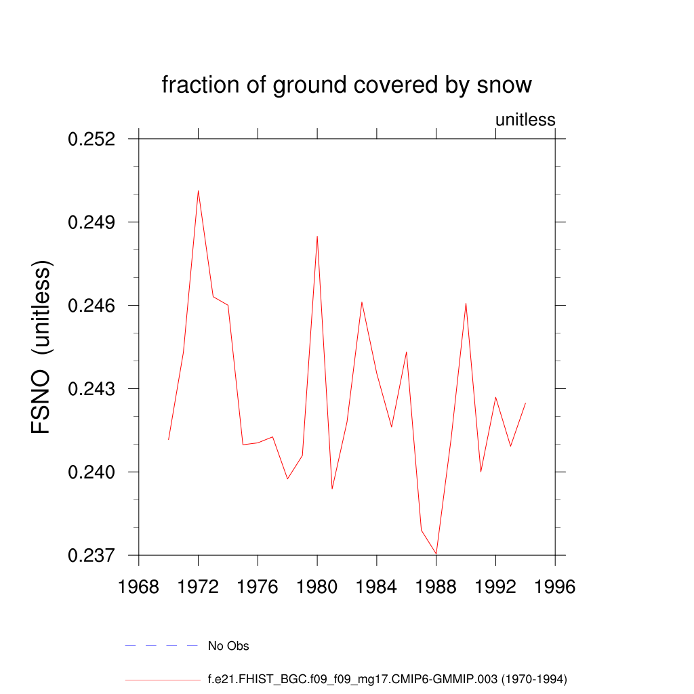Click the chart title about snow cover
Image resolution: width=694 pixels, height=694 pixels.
(346, 85)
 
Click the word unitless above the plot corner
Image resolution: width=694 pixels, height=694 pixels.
(525, 120)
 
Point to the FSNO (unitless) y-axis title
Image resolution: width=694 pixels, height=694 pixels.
(41, 346)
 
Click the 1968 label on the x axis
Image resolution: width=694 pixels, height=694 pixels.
(139, 587)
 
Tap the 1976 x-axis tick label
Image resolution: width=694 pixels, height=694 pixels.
(258, 587)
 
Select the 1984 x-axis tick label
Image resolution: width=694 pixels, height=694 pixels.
(377, 587)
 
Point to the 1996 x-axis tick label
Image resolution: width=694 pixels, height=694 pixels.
(555, 587)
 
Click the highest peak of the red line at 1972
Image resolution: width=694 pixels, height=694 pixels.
(198, 190)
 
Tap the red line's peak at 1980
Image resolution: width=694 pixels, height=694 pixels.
(317, 236)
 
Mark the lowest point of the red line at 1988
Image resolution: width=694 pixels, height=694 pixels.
(436, 554)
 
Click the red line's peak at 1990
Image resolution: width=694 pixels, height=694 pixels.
(466, 303)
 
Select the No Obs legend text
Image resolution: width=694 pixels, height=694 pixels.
(228, 646)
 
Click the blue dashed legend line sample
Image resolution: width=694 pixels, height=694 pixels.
(161, 646)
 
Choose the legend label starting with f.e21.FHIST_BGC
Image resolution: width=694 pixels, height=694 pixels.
(387, 678)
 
